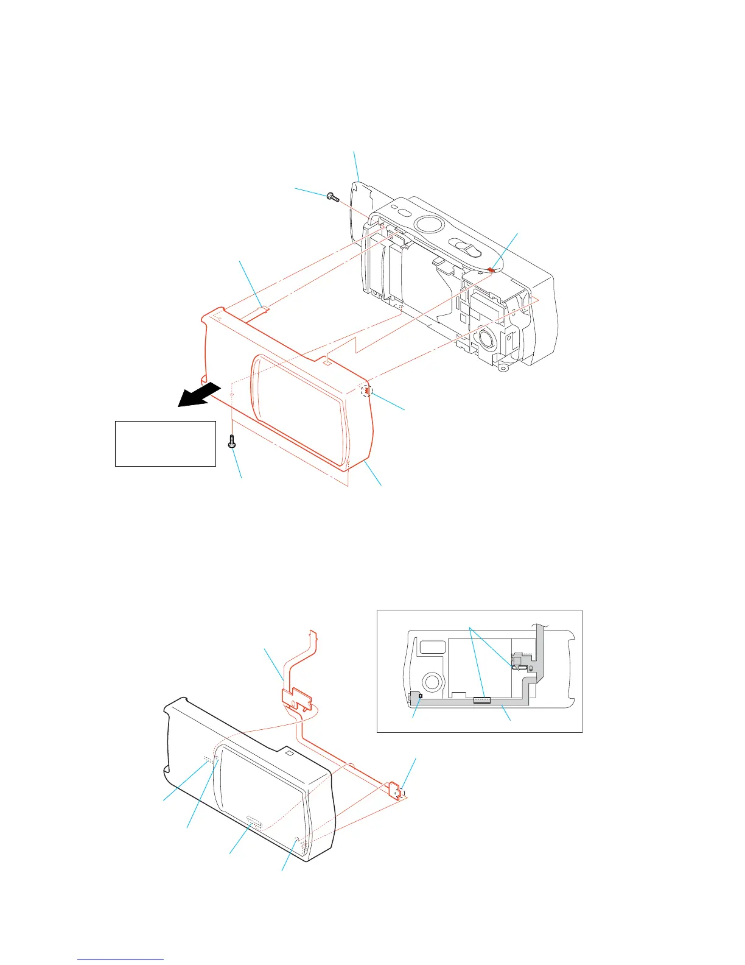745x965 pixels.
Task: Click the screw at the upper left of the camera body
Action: click(332, 197)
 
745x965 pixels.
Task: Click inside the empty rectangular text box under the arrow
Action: click(166, 444)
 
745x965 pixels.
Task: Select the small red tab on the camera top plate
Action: click(491, 269)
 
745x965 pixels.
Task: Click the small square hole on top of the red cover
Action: click(327, 361)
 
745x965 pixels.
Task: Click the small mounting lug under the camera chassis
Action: click(502, 367)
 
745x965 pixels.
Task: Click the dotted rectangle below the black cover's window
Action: click(254, 823)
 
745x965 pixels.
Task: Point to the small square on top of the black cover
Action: click(290, 754)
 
